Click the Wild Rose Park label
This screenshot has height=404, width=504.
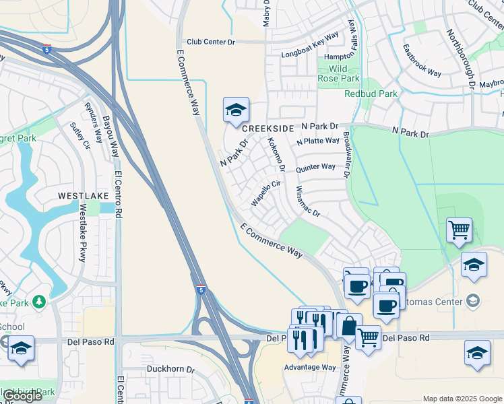pyautogui.click(x=338, y=73)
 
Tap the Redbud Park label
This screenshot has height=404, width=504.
pyautogui.click(x=371, y=94)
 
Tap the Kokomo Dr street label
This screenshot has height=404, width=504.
pyautogui.click(x=276, y=154)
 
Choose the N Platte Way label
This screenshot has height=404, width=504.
pyautogui.click(x=317, y=141)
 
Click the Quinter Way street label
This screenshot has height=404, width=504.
pyautogui.click(x=315, y=166)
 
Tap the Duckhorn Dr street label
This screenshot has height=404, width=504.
pyautogui.click(x=170, y=370)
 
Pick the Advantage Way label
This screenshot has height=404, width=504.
pyautogui.click(x=309, y=367)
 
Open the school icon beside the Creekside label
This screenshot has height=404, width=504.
pyautogui.click(x=237, y=110)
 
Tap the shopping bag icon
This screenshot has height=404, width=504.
pyautogui.click(x=350, y=327)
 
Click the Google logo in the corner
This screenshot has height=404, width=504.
pyautogui.click(x=23, y=396)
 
